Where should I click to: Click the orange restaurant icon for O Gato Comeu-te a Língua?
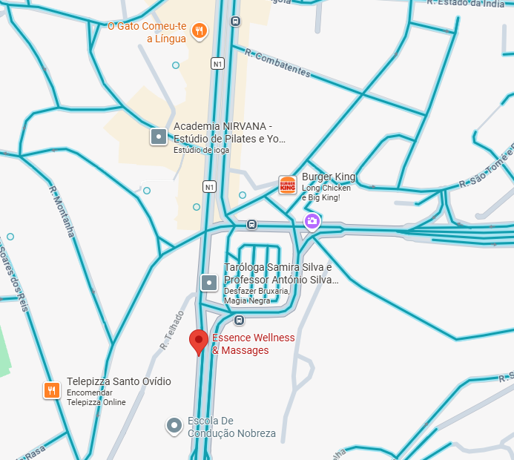[199, 31]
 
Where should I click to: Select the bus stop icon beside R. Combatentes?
[235, 22]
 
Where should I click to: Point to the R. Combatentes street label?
[277, 64]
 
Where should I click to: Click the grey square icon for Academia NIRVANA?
[158, 137]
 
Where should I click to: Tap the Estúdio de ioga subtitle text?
[201, 150]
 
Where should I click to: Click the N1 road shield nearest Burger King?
[210, 185]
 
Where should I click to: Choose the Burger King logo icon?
[288, 185]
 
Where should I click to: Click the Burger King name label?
[329, 177]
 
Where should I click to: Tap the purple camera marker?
[312, 221]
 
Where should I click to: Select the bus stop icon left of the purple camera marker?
[252, 224]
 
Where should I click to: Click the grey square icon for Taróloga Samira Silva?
[209, 282]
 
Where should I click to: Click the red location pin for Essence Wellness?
[198, 341]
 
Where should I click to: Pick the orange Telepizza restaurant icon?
[51, 390]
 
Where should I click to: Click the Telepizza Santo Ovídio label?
[119, 381]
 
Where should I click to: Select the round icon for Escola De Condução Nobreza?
[174, 426]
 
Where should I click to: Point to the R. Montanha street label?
[62, 211]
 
